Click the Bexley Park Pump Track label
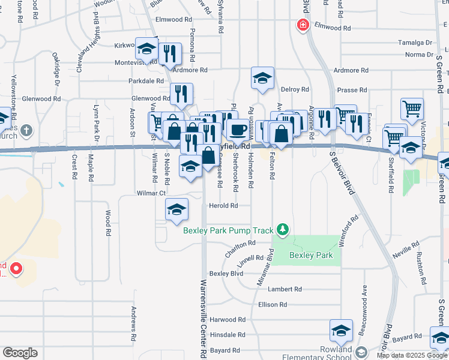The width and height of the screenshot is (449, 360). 228,230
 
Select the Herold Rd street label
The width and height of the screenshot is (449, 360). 223,205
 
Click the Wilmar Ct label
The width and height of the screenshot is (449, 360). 151,193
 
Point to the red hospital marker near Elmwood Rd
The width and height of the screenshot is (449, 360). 303,25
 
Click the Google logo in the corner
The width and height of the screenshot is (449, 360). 20,353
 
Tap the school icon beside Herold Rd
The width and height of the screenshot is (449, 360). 177,209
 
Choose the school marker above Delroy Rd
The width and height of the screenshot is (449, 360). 262,78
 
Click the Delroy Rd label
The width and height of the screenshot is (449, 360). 294,89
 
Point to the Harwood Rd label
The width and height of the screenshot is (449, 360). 228,320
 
